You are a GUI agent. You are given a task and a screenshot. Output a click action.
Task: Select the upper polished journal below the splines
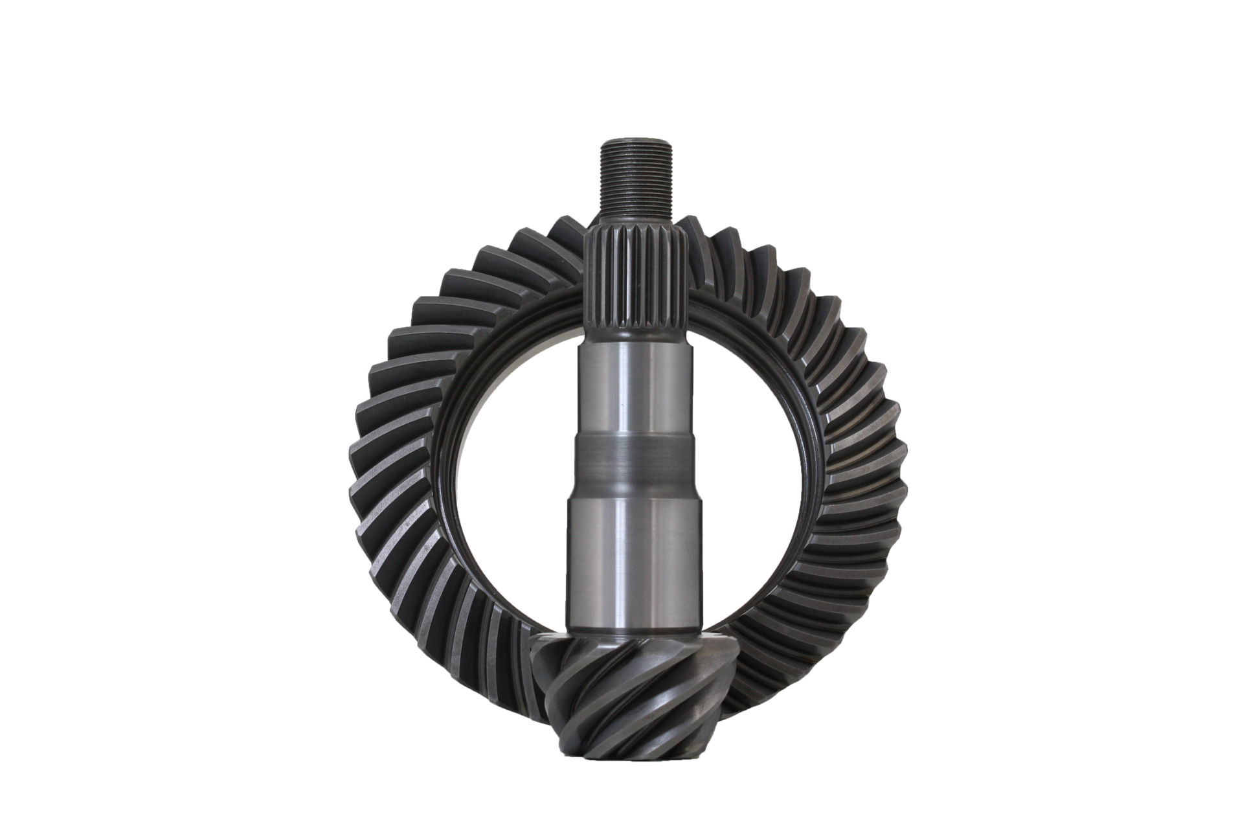632,389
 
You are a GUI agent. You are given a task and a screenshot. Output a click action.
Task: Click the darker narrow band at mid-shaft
632,467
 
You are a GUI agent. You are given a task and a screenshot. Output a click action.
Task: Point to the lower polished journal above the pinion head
632,557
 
